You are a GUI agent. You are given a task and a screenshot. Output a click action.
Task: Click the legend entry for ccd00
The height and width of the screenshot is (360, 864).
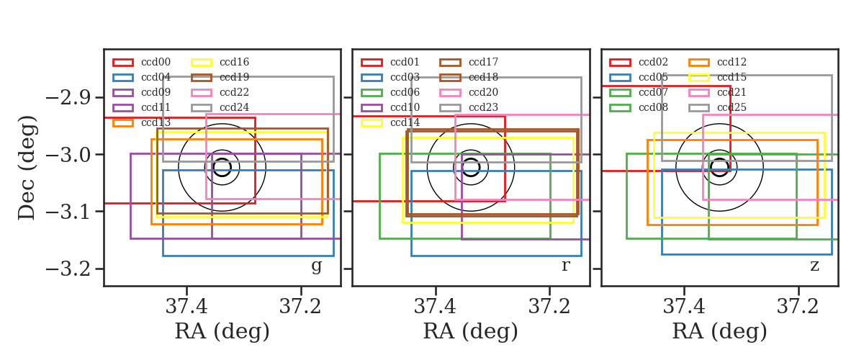[142, 62]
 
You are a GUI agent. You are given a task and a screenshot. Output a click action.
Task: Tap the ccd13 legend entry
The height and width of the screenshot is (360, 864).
[142, 122]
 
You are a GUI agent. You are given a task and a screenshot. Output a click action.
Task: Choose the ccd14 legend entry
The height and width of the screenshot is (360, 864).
[390, 122]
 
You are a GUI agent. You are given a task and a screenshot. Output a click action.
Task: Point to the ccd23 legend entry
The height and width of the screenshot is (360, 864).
[469, 107]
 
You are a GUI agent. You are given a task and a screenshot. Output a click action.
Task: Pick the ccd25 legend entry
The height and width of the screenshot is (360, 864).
[718, 107]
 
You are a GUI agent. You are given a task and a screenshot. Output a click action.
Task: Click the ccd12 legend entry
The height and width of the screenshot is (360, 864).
[718, 62]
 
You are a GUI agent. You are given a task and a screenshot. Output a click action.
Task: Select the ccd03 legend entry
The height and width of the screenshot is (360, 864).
[390, 77]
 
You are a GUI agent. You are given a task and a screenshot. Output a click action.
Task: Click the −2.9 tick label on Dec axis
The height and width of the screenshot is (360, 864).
[68, 98]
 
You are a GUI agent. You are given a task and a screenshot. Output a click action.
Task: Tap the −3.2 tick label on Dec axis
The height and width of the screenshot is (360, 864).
[68, 269]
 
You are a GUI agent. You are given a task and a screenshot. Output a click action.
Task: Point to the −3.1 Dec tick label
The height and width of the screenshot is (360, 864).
[68, 212]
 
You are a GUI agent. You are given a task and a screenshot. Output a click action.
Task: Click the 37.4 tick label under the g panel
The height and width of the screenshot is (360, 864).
[186, 307]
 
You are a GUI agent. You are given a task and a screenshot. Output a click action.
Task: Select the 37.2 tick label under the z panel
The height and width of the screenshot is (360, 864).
[798, 307]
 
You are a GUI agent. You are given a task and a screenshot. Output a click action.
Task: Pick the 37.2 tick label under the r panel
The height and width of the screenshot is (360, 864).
[549, 307]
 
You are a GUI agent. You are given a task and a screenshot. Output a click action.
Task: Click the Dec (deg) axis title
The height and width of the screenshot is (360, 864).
[28, 168]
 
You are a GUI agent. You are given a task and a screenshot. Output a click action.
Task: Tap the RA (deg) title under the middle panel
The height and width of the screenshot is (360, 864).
[471, 332]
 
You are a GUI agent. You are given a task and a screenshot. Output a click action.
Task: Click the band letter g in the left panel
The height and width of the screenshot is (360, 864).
[316, 266]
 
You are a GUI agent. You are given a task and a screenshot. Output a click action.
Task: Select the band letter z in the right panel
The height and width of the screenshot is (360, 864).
[814, 266]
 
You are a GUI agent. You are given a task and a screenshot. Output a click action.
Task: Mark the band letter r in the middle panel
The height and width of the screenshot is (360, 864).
[565, 266]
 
